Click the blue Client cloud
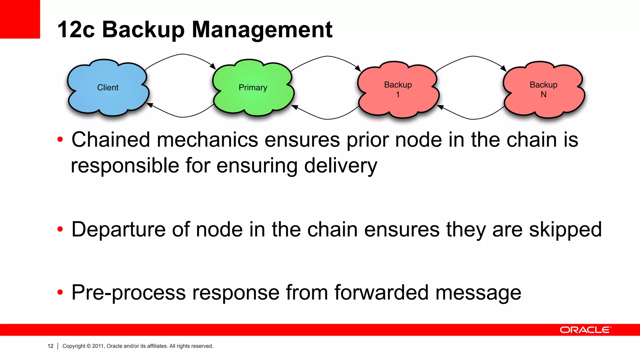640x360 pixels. (x=108, y=87)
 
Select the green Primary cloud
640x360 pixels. (x=253, y=87)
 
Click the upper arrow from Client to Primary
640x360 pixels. (x=182, y=54)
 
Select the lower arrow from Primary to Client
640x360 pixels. (x=182, y=117)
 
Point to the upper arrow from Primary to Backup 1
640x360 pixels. (x=327, y=56)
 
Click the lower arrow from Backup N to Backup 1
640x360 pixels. (x=472, y=119)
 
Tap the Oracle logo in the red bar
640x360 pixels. (x=585, y=330)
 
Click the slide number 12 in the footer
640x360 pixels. (x=50, y=346)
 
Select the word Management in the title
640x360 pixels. (x=262, y=30)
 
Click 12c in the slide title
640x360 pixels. (x=76, y=30)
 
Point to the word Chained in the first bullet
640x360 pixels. (x=111, y=140)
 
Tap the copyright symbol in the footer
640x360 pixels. (x=88, y=346)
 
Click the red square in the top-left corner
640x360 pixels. (x=20, y=19)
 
